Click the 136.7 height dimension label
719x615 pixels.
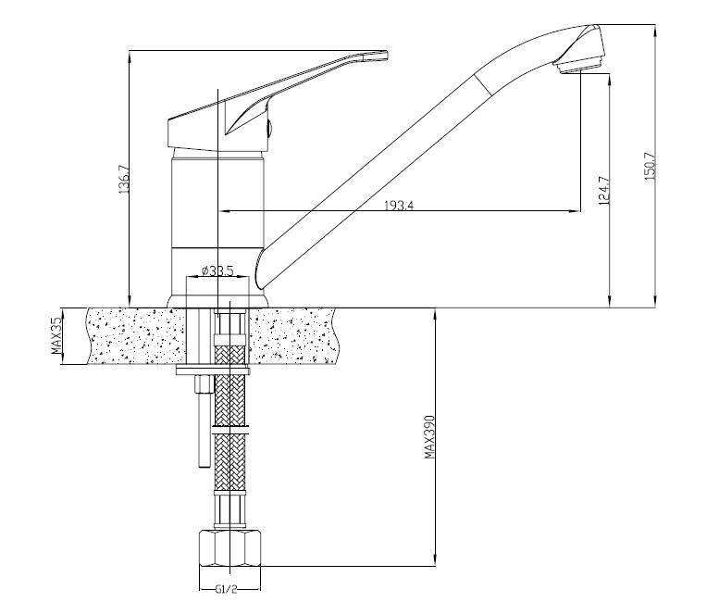click(125, 179)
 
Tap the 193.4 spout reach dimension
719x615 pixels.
click(399, 205)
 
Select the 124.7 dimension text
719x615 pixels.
click(603, 190)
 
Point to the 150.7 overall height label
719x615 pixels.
click(650, 166)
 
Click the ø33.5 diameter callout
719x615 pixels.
click(217, 270)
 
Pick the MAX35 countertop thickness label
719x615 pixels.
click(56, 336)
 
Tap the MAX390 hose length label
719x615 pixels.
click(428, 437)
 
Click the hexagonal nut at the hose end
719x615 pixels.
click(230, 548)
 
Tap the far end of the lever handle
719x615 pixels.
click(388, 55)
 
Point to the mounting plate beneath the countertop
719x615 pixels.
click(213, 370)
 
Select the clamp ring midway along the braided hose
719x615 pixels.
click(230, 430)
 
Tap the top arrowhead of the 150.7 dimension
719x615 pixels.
click(654, 31)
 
